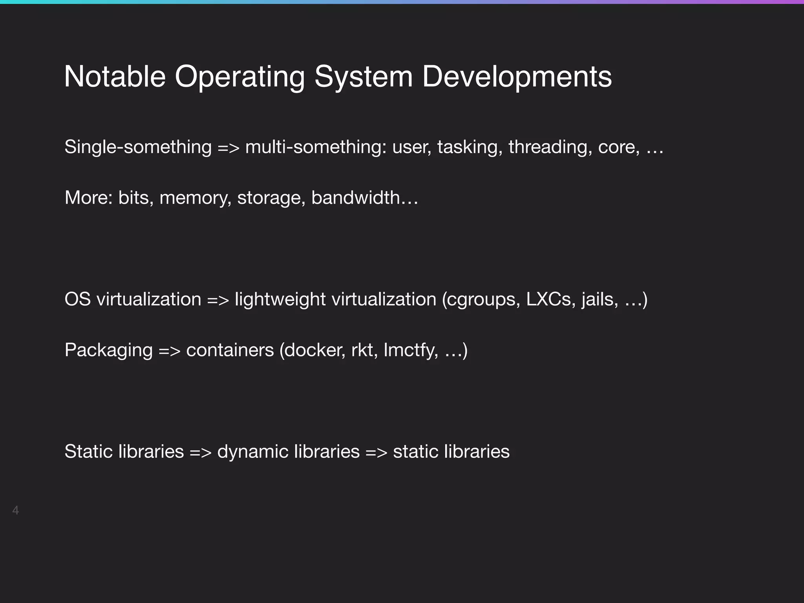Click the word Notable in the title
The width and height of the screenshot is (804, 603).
[115, 76]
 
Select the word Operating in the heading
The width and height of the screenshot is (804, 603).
[239, 77]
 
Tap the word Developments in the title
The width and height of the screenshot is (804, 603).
[517, 77]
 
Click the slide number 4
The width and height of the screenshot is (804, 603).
[15, 510]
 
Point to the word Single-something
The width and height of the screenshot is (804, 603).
[138, 147]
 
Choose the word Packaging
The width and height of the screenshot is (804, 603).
[108, 350]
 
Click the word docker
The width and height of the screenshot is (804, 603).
[314, 350]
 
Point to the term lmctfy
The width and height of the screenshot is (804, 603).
[410, 350]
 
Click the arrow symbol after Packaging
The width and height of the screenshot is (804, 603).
[169, 350]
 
